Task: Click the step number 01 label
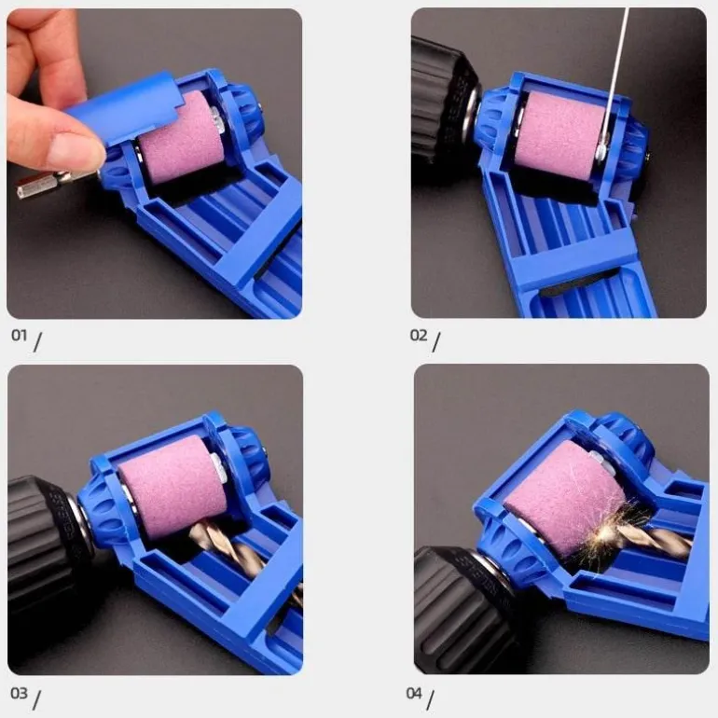coord(20,335)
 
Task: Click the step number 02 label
coord(418,335)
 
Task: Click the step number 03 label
coord(20,693)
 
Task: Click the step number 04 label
coord(414,693)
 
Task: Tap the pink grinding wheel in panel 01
coord(181,137)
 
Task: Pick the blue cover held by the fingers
coord(124,110)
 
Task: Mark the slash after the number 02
coord(436,342)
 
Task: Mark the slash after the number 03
coord(36,700)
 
